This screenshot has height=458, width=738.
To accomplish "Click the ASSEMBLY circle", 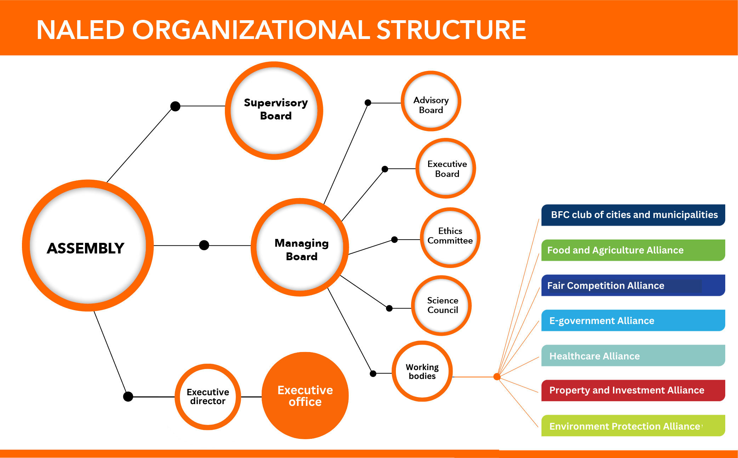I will pyautogui.click(x=87, y=246).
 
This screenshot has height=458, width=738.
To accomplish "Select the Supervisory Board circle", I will pyautogui.click(x=274, y=111).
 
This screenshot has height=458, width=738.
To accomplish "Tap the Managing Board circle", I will pyautogui.click(x=300, y=247).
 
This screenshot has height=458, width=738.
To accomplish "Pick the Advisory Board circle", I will pyautogui.click(x=431, y=101).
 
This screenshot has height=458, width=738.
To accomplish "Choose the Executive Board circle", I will pyautogui.click(x=446, y=168).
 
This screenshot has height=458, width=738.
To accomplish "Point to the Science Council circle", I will pyautogui.click(x=442, y=306).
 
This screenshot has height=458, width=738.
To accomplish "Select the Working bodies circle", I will pyautogui.click(x=422, y=371).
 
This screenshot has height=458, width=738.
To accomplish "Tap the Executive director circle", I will pyautogui.click(x=208, y=397).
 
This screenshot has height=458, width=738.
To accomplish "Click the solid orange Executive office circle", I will pyautogui.click(x=305, y=396).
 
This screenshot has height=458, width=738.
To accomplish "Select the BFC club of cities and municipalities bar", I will pyautogui.click(x=633, y=215).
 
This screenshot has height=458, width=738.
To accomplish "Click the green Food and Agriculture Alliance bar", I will pyautogui.click(x=633, y=250).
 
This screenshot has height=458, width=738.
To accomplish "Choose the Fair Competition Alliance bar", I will pyautogui.click(x=633, y=285).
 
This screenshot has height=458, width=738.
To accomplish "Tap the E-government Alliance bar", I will pyautogui.click(x=633, y=320).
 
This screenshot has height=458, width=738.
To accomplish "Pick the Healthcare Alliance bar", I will pyautogui.click(x=633, y=356).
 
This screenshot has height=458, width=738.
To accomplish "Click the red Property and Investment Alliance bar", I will pyautogui.click(x=633, y=390).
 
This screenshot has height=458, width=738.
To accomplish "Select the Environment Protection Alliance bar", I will pyautogui.click(x=633, y=426).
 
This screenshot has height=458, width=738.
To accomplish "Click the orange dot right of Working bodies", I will pyautogui.click(x=497, y=377).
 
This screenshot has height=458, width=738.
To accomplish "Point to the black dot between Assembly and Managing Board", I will pyautogui.click(x=204, y=245).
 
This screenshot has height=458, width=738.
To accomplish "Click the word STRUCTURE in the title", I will pyautogui.click(x=451, y=30).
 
